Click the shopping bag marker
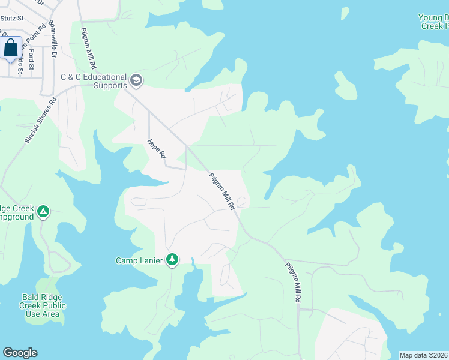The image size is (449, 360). click(x=11, y=49)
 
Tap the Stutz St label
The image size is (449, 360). click(x=11, y=19)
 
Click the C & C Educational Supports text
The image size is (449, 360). click(x=94, y=81)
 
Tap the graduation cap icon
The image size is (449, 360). click(x=136, y=80)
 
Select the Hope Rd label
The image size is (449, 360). click(x=156, y=149)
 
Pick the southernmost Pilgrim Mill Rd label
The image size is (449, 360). click(x=294, y=282)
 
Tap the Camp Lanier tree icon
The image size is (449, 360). click(x=172, y=260)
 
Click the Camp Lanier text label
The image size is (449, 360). click(x=139, y=260)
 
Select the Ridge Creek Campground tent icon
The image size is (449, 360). click(x=43, y=211)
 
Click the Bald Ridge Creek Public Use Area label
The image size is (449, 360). click(x=43, y=305)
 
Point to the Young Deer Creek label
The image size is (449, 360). click(x=433, y=22)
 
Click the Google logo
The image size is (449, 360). click(x=20, y=353)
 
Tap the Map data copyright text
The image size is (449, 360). click(x=424, y=355)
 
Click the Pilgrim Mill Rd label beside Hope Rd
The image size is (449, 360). click(x=221, y=191)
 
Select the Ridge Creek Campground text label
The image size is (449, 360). click(x=16, y=212)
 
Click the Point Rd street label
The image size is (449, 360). click(x=37, y=36)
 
